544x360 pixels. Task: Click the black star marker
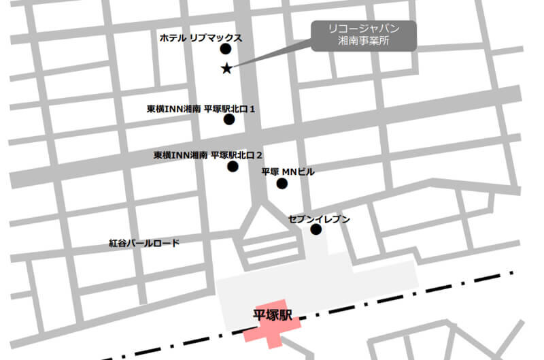point(227,67)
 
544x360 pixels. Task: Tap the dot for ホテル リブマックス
point(226,49)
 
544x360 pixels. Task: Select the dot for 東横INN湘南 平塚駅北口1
point(229,120)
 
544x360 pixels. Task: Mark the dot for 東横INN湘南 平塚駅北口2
point(233,166)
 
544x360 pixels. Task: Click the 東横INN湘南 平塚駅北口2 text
point(208,155)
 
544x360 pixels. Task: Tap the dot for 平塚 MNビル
point(282,183)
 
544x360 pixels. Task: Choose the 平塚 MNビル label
point(288,172)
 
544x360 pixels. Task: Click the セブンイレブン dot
point(316,229)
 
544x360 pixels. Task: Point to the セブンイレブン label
point(319,218)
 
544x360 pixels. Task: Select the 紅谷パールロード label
point(144,242)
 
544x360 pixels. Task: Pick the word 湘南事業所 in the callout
point(364,42)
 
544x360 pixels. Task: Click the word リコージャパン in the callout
point(364,29)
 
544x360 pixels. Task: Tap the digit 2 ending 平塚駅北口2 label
point(259,155)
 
